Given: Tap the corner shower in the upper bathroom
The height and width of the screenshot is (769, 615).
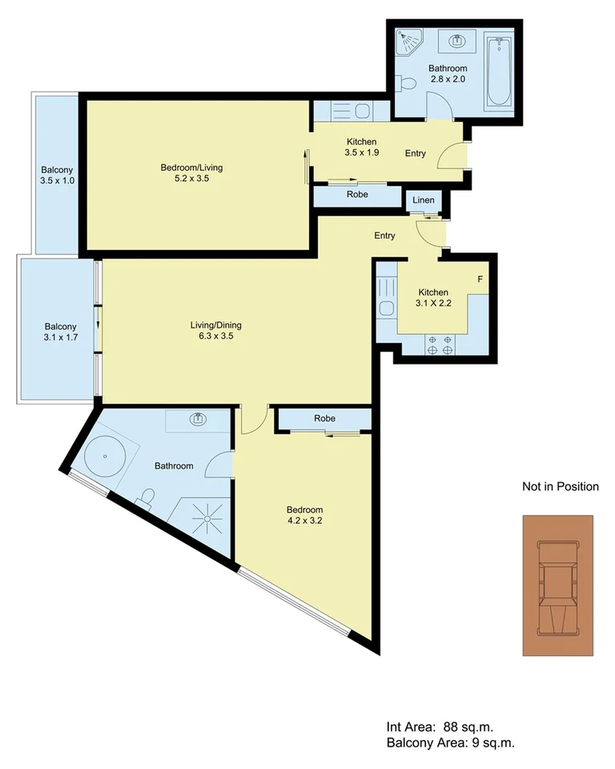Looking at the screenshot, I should pyautogui.click(x=409, y=38).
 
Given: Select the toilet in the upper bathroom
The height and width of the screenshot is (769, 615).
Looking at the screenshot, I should pyautogui.click(x=407, y=82).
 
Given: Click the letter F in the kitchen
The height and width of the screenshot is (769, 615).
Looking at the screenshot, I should pyautogui.click(x=480, y=280).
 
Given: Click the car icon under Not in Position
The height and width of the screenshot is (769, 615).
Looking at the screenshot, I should pyautogui.click(x=558, y=585).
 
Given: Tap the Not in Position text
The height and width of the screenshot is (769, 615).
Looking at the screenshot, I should pyautogui.click(x=560, y=486).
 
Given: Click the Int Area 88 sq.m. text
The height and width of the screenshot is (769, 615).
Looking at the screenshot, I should pyautogui.click(x=440, y=727).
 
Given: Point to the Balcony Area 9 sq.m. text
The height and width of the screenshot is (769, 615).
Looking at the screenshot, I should pyautogui.click(x=450, y=743).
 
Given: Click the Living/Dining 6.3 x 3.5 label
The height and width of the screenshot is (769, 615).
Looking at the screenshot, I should pyautogui.click(x=215, y=331).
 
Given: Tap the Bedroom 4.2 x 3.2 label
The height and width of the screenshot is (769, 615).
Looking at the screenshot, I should pyautogui.click(x=304, y=515).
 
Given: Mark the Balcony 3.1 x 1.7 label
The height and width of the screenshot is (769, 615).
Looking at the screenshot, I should pyautogui.click(x=60, y=332).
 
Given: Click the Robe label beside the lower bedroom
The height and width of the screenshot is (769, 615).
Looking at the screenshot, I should pyautogui.click(x=324, y=418).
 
